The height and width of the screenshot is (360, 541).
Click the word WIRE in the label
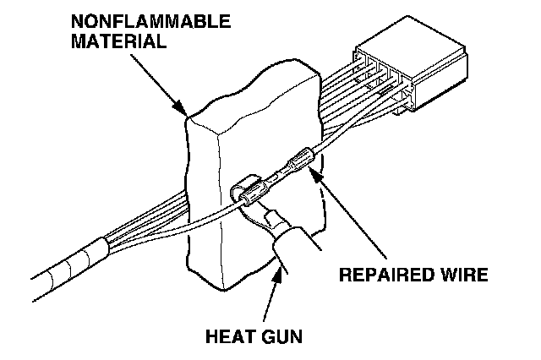pyautogui.click(x=461, y=275)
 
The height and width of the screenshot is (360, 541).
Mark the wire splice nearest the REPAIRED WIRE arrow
pyautogui.click(x=300, y=160)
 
